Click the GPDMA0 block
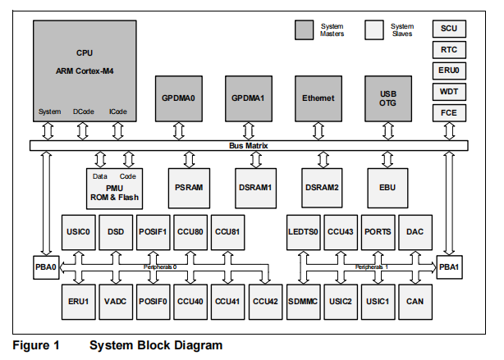[178, 98]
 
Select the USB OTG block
[388, 98]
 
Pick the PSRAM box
[188, 187]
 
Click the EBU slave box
[388, 187]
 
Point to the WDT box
[449, 91]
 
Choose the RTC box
[449, 49]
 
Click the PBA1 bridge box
[449, 267]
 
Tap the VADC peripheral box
[115, 301]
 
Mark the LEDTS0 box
[304, 232]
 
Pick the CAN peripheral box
[415, 301]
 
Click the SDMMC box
[304, 301]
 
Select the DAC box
[415, 232]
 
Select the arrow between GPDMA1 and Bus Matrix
[248, 130]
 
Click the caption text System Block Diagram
[156, 345]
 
